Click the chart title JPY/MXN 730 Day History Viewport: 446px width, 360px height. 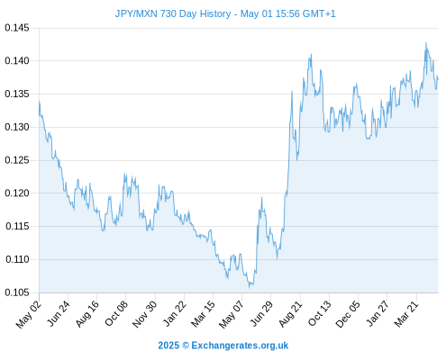click(x=173, y=13)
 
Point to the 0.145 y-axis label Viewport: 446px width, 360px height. click(x=17, y=28)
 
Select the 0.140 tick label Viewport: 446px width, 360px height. click(x=17, y=61)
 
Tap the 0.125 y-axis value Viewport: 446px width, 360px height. click(x=17, y=160)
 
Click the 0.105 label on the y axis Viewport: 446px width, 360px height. click(x=17, y=292)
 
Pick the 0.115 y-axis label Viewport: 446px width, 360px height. click(x=17, y=226)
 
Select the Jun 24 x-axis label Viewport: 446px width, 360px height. click(x=59, y=313)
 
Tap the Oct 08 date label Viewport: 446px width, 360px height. click(x=116, y=313)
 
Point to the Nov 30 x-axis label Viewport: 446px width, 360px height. click(x=144, y=314)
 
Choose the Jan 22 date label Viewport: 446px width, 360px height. click(x=175, y=313)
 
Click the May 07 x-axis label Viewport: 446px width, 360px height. click(x=232, y=314)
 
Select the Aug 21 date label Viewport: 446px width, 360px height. click(x=290, y=313)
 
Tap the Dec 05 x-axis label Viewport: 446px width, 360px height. click(x=348, y=314)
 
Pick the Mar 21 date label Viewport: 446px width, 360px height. click(x=406, y=313)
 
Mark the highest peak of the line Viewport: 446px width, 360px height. click(x=426, y=43)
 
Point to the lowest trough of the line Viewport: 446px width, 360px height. click(x=249, y=288)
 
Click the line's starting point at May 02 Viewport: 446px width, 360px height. click(x=39, y=115)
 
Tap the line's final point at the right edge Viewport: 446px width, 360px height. click(x=438, y=79)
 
